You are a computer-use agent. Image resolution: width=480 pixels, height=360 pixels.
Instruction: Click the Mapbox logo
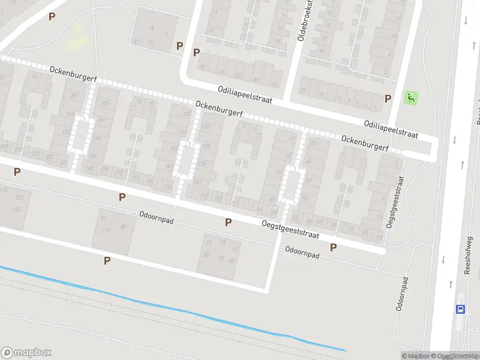pyautogui.click(x=26, y=353)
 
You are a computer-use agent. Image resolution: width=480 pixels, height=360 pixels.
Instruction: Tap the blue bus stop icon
pyautogui.click(x=460, y=309)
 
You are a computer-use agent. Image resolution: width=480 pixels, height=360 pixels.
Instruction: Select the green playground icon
pyautogui.click(x=411, y=97)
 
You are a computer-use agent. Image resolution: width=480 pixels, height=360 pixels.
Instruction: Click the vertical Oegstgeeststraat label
pyautogui.click(x=393, y=201)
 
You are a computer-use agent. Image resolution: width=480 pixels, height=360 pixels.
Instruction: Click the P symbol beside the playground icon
pyautogui.click(x=388, y=98)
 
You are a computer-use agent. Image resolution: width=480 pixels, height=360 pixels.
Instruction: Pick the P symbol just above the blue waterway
pyautogui.click(x=107, y=260)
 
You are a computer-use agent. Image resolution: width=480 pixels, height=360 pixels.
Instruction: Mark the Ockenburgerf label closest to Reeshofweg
pyautogui.click(x=365, y=143)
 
